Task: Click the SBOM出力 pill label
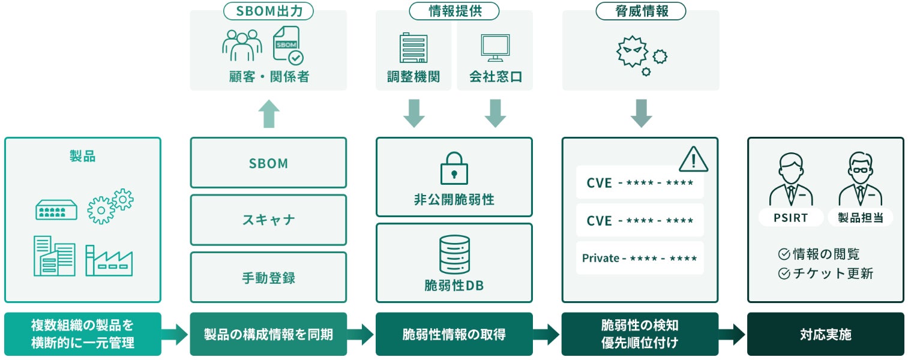(268, 11)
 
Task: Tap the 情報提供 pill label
(454, 11)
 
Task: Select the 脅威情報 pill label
(640, 11)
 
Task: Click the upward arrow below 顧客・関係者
(268, 114)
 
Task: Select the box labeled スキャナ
(268, 220)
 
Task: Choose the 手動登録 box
(268, 277)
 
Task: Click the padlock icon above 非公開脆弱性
(454, 168)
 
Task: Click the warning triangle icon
(693, 159)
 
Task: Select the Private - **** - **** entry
(640, 258)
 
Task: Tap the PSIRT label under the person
(790, 218)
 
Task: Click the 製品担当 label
(860, 218)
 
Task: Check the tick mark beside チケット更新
(783, 274)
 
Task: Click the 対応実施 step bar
(825, 334)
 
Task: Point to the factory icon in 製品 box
(109, 260)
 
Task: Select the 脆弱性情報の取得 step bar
(454, 334)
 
